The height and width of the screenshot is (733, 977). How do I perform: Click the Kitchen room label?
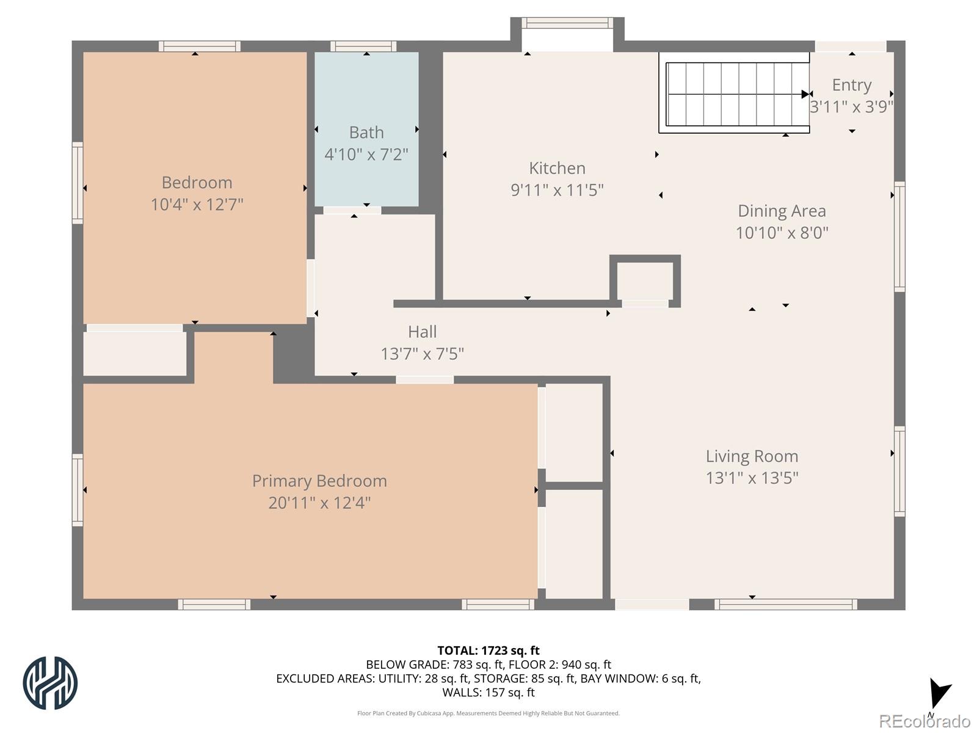[x=557, y=168]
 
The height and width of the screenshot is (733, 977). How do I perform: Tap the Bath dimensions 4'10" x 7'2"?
[x=366, y=155]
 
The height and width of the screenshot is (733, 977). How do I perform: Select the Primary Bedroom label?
[x=319, y=481]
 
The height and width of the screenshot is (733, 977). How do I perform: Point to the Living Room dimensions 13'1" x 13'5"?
[x=752, y=478]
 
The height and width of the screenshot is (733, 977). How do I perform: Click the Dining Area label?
[x=782, y=211]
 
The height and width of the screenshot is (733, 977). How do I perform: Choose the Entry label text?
[x=851, y=85]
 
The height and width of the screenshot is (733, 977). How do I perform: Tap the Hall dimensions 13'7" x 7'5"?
[x=422, y=354]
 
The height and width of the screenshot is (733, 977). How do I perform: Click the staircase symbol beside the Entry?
[x=735, y=93]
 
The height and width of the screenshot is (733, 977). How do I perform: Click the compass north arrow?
[x=939, y=693]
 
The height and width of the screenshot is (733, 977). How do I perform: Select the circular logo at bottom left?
[x=50, y=683]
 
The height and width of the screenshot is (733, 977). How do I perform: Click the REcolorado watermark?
[x=925, y=721]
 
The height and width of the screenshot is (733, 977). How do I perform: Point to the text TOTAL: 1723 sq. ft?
[x=488, y=651]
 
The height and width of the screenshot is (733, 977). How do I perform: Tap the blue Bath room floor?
[x=366, y=129]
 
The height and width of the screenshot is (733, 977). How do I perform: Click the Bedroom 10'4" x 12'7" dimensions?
[x=197, y=205]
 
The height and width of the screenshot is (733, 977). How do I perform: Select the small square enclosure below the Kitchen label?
[x=645, y=281]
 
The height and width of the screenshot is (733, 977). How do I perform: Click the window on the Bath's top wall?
[x=363, y=46]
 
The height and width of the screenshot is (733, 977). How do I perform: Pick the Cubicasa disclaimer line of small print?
[x=488, y=713]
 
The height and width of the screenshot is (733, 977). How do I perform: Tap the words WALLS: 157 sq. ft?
[x=488, y=693]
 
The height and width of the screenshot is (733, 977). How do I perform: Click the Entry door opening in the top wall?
[x=851, y=46]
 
